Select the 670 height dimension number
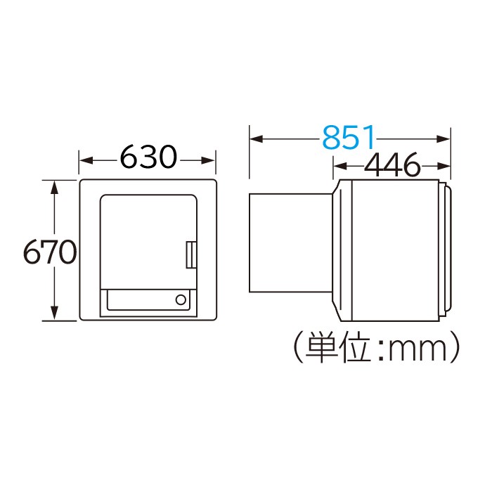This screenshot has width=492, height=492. click(48, 251)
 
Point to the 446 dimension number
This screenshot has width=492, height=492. click(391, 167)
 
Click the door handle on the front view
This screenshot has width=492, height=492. click(190, 254)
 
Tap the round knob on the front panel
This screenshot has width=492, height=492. click(181, 299)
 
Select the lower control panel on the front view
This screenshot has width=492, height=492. click(148, 300)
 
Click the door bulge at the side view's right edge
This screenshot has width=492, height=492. click(446, 251)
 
